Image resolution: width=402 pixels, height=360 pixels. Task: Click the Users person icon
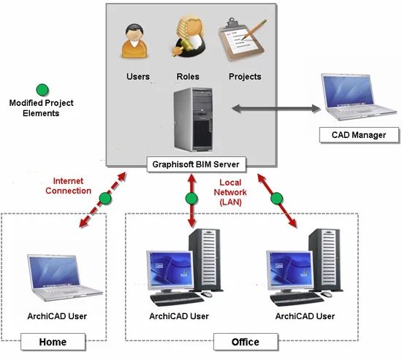click(137, 42)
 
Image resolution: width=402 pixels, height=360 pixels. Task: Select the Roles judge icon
click(187, 39)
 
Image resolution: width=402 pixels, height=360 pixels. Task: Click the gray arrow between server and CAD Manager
click(276, 110)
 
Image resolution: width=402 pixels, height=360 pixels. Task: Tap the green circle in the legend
click(43, 89)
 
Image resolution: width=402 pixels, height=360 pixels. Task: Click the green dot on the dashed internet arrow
click(106, 199)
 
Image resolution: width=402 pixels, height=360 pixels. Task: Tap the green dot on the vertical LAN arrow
click(191, 199)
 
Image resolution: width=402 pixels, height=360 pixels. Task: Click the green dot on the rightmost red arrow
click(276, 199)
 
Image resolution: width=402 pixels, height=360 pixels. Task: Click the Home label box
click(53, 341)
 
